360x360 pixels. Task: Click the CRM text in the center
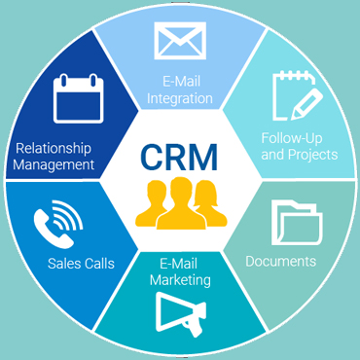click(x=178, y=156)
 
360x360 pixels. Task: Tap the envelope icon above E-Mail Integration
click(x=180, y=42)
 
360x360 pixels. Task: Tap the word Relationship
click(x=54, y=149)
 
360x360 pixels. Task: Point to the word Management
click(x=54, y=164)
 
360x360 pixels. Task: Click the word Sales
click(x=64, y=263)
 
